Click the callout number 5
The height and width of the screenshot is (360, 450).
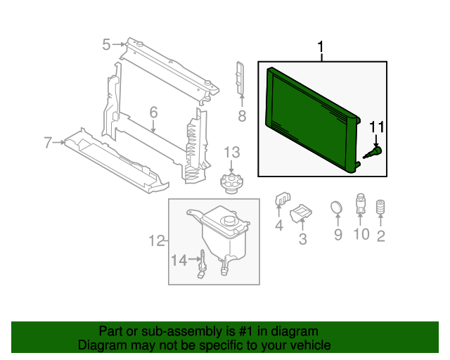tap(106, 45)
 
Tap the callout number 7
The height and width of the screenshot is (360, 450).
tap(48, 143)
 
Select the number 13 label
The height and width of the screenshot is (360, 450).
tap(231, 153)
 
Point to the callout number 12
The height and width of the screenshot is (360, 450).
tap(157, 241)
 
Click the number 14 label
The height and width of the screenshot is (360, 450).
tap(179, 260)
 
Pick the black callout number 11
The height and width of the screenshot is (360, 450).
tap(377, 127)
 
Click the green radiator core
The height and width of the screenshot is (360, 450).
tap(312, 120)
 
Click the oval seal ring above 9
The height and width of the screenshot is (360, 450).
tap(336, 207)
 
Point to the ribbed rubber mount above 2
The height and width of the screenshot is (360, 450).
tap(380, 207)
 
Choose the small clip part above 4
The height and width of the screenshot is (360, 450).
tap(283, 199)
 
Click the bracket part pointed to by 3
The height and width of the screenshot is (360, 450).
tap(301, 213)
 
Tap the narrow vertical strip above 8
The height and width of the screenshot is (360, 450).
tap(240, 77)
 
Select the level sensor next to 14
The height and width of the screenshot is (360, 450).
tap(202, 264)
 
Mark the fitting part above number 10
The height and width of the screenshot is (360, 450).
tap(361, 203)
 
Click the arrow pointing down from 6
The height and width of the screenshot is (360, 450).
tap(153, 127)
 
